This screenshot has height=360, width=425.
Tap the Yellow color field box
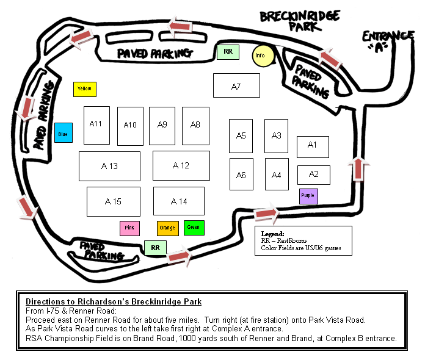85,89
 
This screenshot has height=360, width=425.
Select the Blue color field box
63,132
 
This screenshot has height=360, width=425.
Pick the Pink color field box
129,228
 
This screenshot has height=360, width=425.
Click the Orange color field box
167,228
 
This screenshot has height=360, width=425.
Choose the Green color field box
194,228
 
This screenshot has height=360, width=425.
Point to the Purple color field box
308,196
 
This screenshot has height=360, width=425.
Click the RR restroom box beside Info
228,52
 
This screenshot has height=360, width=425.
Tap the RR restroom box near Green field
155,248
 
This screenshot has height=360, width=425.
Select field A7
236,85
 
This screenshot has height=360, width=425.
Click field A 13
110,166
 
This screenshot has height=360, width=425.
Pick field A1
313,146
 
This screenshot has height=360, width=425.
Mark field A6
241,175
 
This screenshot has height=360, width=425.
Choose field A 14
179,201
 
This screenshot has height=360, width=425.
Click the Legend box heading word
272,234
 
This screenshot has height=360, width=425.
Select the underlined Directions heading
114,302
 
